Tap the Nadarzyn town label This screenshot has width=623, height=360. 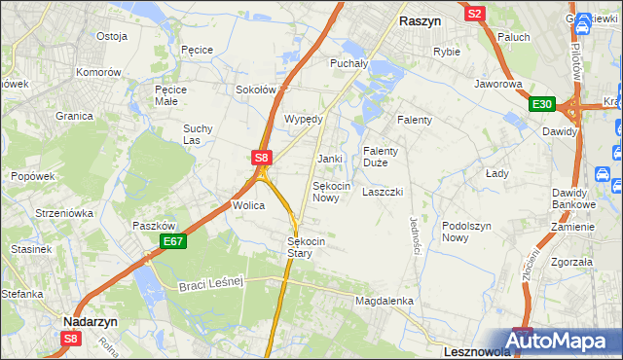pos(91,320)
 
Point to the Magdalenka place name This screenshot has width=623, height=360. pos(385,302)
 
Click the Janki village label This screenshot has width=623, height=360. pos(329,159)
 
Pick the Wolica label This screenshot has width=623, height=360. pos(248,206)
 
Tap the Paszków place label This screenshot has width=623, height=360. pos(153,226)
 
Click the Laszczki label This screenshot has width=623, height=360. pos(382,193)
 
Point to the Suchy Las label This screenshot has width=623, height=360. pos(198,134)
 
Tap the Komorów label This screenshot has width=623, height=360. pos(99,73)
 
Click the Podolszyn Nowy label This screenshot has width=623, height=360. pos(468,232)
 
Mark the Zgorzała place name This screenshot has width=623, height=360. pos(570,263)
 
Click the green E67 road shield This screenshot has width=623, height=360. pos(173,241)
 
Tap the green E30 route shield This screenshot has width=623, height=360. pos(542,105)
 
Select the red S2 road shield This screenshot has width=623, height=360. pos(475,14)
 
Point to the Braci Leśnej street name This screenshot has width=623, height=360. pos(210,283)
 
